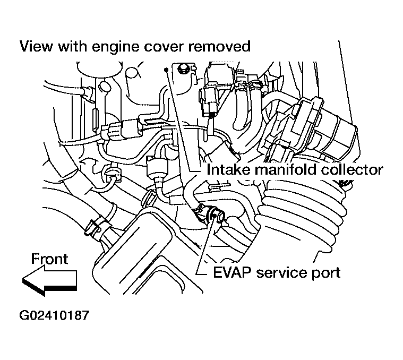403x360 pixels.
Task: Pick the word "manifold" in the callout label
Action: tap(288, 170)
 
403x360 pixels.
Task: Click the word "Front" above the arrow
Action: tap(49, 259)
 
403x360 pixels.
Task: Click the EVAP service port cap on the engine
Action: tap(216, 215)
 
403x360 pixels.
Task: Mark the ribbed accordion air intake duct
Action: tap(303, 212)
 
